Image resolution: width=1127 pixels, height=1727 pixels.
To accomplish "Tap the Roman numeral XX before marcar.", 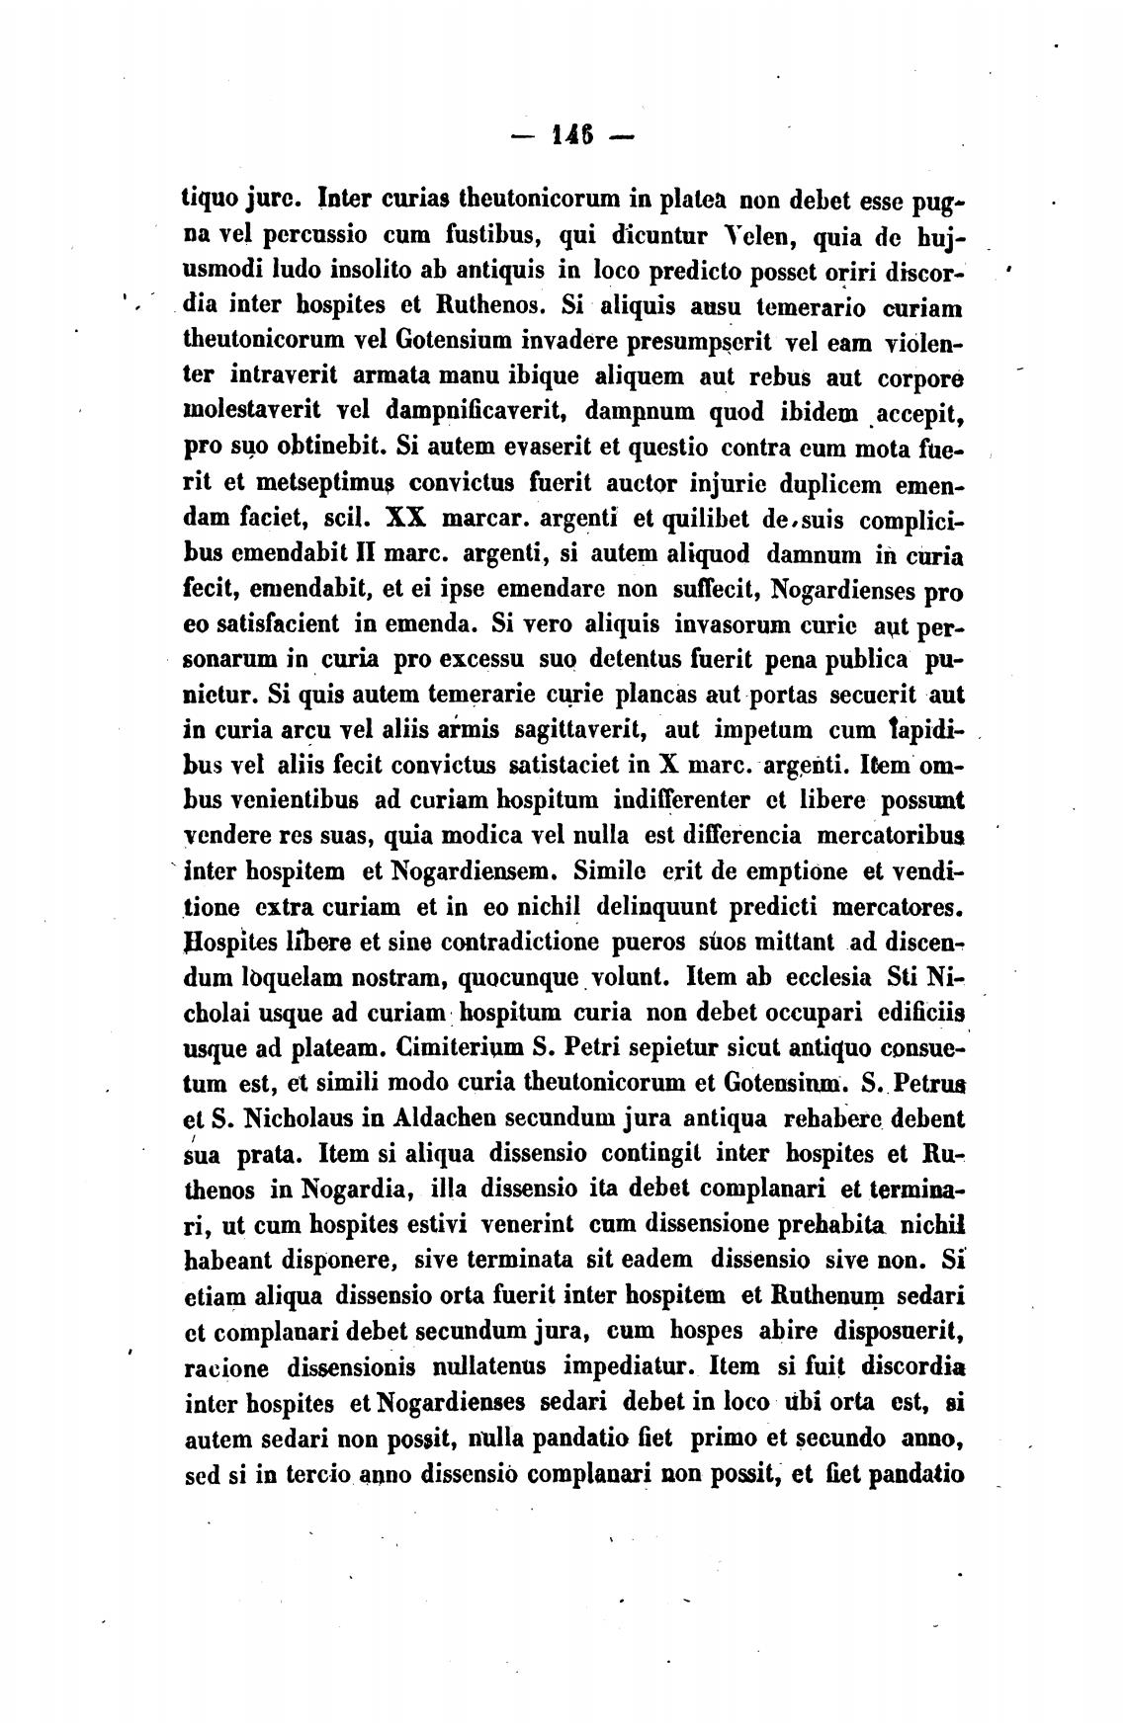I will pyautogui.click(x=404, y=518).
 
